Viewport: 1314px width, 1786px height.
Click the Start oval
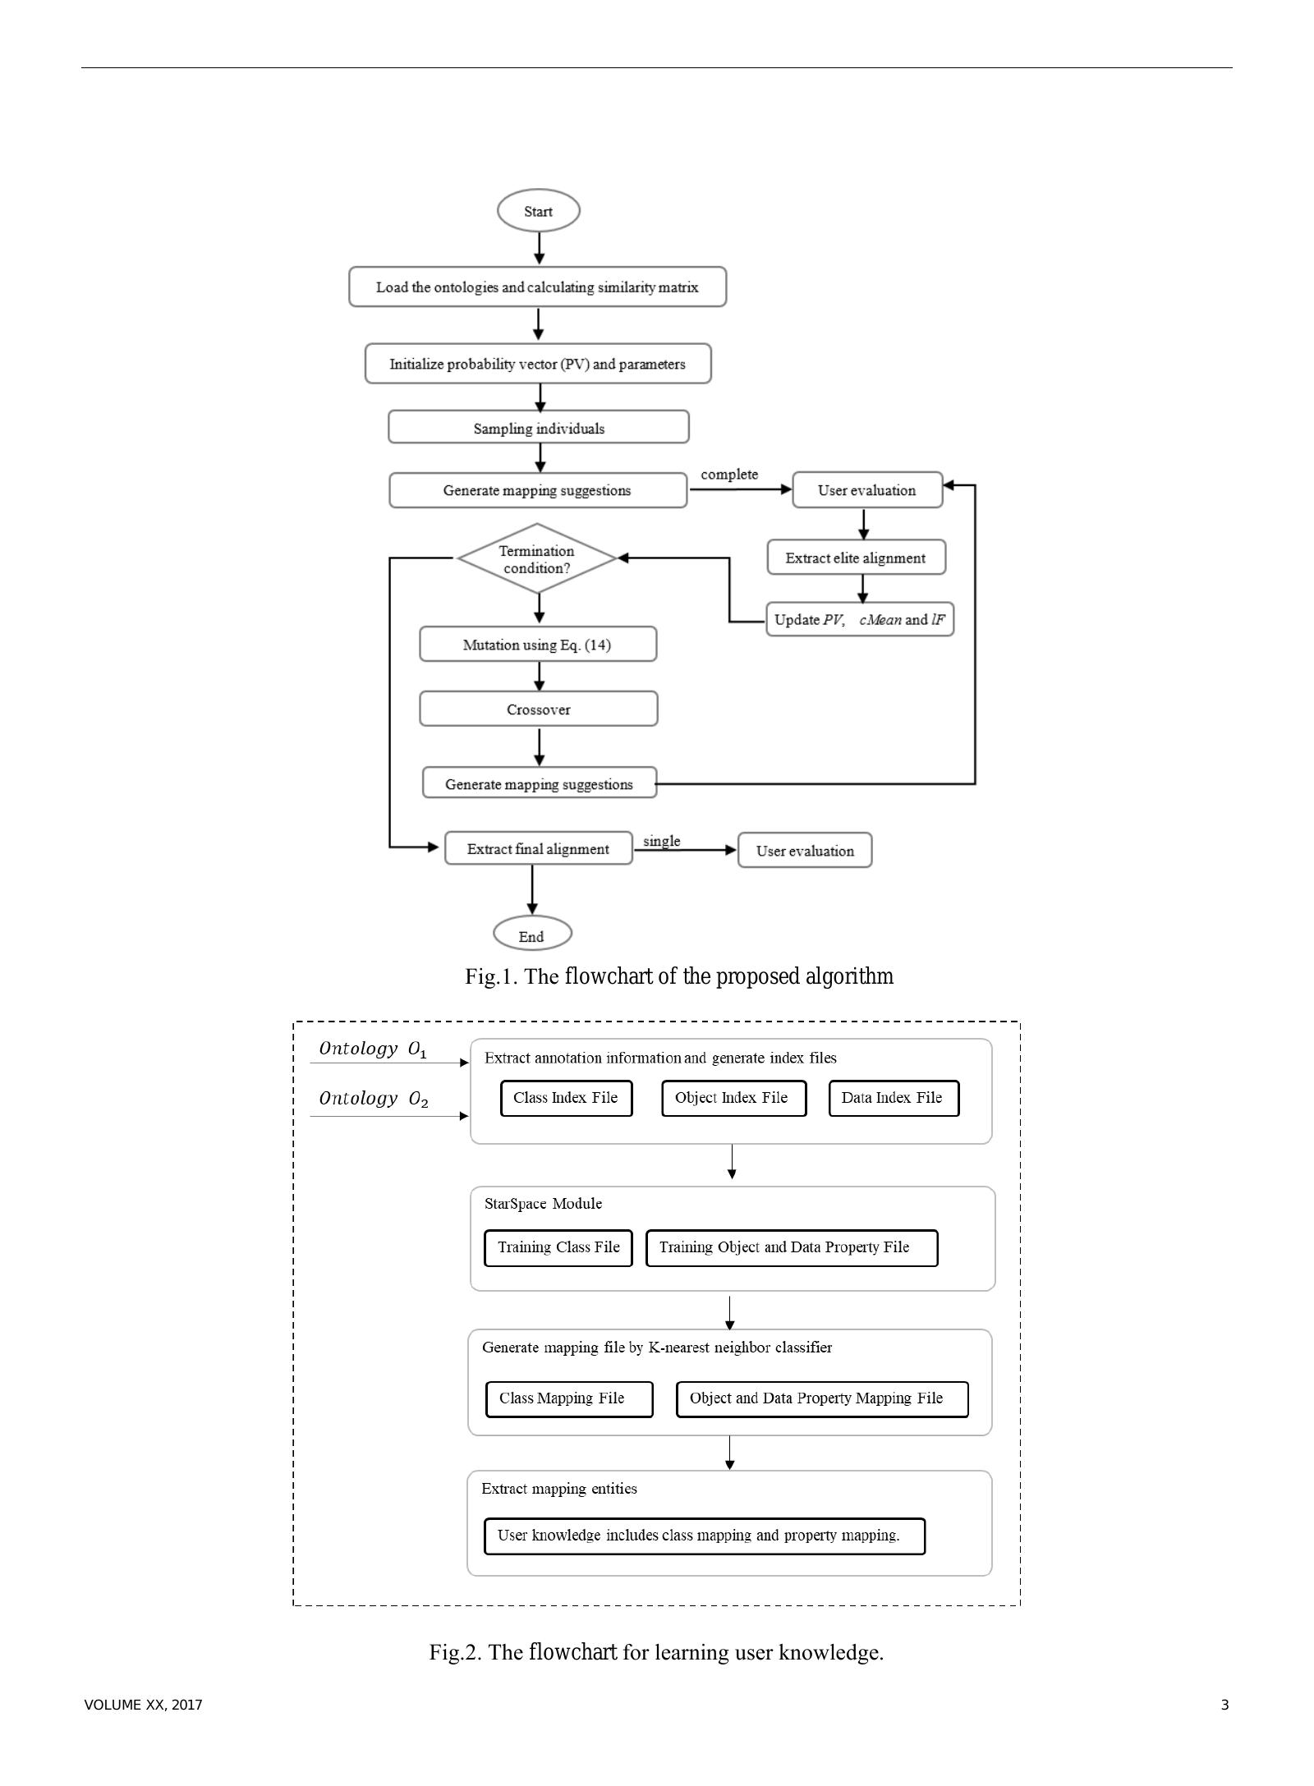point(538,211)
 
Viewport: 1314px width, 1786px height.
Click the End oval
point(531,935)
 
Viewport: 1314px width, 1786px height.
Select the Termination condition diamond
point(536,558)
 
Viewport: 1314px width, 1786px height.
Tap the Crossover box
point(538,709)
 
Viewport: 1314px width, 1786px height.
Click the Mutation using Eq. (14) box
point(537,645)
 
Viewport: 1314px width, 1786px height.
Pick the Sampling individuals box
point(538,428)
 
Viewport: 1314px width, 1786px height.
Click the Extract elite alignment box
point(855,558)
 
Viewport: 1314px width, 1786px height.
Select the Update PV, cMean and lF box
point(859,619)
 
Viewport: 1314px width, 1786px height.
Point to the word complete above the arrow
point(728,474)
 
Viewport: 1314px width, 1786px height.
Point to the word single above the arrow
point(661,841)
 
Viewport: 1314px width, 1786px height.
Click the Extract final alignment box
point(538,849)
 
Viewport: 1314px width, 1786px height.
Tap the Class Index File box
point(566,1098)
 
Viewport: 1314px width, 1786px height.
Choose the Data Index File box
point(893,1098)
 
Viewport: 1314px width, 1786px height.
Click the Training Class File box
point(558,1247)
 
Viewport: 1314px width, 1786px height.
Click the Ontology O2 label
point(373,1099)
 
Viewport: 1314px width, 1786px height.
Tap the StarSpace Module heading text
point(543,1204)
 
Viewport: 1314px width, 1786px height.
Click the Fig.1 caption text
point(678,976)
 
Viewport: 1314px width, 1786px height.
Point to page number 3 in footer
point(1224,1705)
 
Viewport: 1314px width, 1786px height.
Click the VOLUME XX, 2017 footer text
point(143,1705)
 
